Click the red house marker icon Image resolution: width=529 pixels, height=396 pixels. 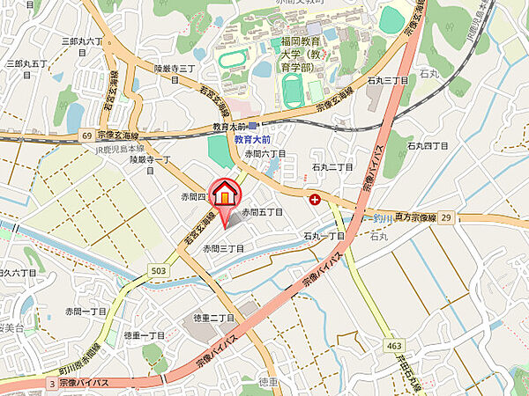(x=227, y=194)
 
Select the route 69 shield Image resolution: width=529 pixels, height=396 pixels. (x=87, y=136)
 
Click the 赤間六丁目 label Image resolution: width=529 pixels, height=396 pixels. (x=265, y=154)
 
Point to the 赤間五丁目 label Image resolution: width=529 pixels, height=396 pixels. (x=263, y=213)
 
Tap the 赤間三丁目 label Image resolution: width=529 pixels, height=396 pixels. (x=223, y=250)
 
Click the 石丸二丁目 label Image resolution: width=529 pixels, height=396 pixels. (x=332, y=166)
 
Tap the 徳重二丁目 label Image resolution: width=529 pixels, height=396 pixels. (x=214, y=318)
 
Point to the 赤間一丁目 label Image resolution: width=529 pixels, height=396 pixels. (x=86, y=312)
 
